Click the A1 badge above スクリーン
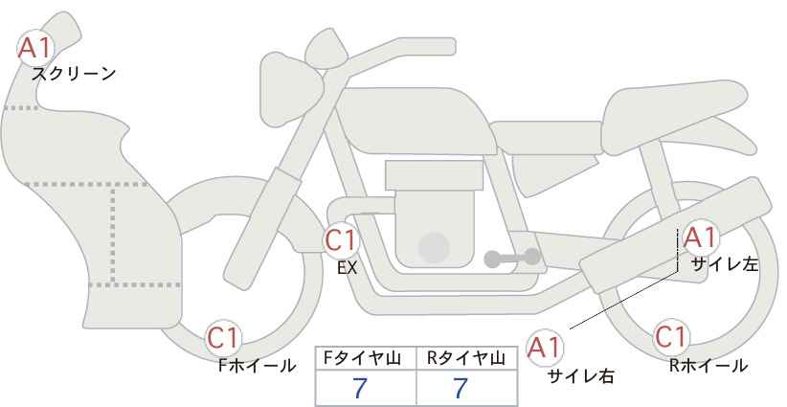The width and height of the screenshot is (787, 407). click(x=35, y=48)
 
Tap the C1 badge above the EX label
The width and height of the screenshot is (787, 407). click(x=341, y=240)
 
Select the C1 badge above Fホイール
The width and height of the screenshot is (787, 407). click(x=223, y=338)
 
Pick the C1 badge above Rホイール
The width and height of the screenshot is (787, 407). click(x=671, y=337)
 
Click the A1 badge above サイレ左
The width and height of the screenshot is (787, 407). click(x=700, y=237)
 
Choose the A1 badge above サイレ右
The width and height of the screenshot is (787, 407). click(x=544, y=348)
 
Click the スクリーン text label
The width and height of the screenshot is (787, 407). click(x=74, y=75)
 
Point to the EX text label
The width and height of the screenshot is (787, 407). click(x=347, y=268)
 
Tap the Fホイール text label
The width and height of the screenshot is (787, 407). click(x=257, y=366)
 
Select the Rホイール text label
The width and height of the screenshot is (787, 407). click(x=708, y=366)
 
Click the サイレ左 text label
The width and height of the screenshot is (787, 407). click(x=725, y=264)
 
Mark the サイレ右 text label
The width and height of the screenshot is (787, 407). click(x=581, y=376)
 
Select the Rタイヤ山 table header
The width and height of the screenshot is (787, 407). click(x=466, y=358)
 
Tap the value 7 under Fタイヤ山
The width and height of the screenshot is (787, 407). click(x=360, y=388)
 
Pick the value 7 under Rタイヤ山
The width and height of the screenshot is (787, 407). click(x=461, y=388)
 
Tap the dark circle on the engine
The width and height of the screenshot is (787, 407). click(x=434, y=247)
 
